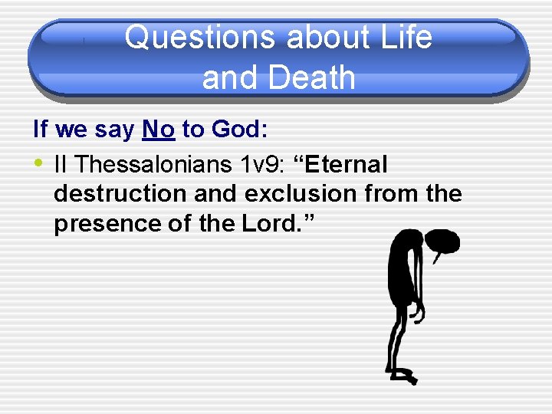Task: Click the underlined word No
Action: coord(158,130)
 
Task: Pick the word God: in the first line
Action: coord(239,130)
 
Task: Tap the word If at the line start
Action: coord(41,130)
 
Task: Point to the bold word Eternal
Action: coord(341,164)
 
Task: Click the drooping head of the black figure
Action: coord(441,245)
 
